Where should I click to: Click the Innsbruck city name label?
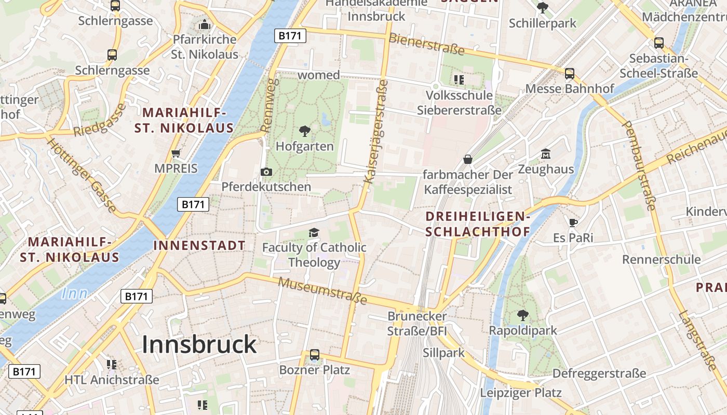point(199,344)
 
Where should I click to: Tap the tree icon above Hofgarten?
point(305,131)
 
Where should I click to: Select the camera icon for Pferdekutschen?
point(266,172)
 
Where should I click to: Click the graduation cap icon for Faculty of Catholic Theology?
point(314,232)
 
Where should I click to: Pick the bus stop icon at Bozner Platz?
point(315,355)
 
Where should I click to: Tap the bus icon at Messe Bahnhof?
point(570,74)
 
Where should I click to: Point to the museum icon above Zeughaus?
point(546,154)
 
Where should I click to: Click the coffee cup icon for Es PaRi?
point(573,223)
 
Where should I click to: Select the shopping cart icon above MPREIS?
point(176,153)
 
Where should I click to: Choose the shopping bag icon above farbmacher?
point(468,159)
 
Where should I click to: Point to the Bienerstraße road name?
point(426,44)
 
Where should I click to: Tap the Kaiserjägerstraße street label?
point(376,132)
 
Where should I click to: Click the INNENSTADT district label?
point(199,246)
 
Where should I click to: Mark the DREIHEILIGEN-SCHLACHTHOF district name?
point(478,224)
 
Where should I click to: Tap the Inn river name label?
point(75,294)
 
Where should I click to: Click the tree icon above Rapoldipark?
point(523,315)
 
